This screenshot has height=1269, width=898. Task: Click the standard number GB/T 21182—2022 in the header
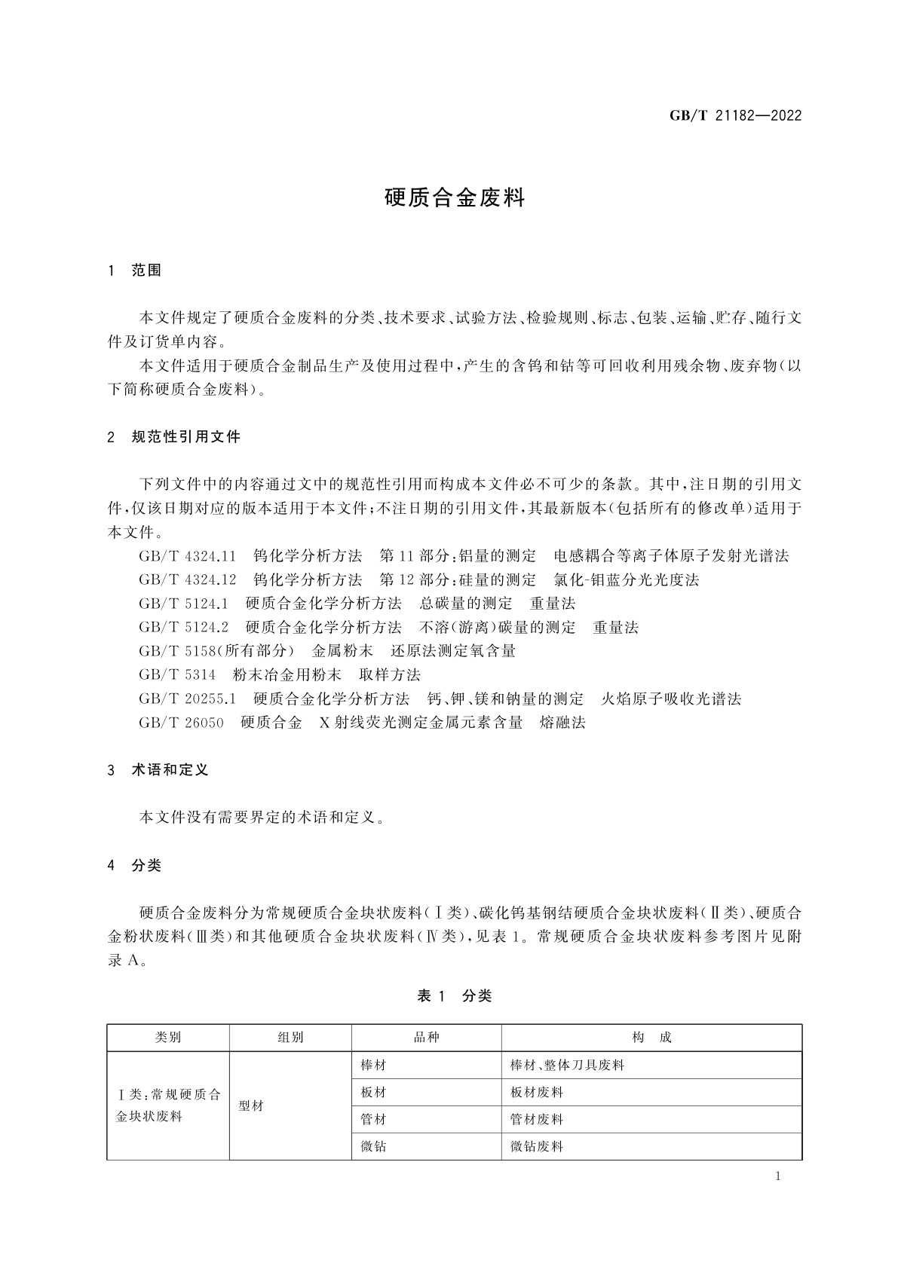tap(735, 116)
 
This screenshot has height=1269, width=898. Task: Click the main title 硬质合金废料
tap(454, 198)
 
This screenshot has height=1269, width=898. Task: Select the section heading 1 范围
tap(135, 271)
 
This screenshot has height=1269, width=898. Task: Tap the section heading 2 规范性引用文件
tap(174, 436)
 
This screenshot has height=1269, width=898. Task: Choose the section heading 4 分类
tap(135, 865)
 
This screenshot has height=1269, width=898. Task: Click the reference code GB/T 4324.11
tap(188, 556)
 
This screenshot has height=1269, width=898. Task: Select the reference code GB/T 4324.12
tap(188, 579)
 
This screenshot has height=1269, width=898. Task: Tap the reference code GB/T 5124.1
tap(183, 604)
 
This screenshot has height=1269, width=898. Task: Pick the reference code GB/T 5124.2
tap(183, 627)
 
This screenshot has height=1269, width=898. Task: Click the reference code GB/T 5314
tap(177, 674)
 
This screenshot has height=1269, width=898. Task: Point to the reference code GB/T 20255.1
tap(188, 699)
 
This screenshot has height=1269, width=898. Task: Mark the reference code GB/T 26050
tap(182, 723)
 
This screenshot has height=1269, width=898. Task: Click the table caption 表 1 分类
tap(454, 996)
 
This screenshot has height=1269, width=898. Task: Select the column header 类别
tap(168, 1038)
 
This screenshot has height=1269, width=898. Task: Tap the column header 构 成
tap(651, 1038)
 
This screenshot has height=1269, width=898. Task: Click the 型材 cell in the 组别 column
tap(251, 1106)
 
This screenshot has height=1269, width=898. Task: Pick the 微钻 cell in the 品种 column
tap(373, 1147)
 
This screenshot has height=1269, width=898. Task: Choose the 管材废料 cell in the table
tap(537, 1120)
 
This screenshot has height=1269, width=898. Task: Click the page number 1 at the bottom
tap(777, 1176)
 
